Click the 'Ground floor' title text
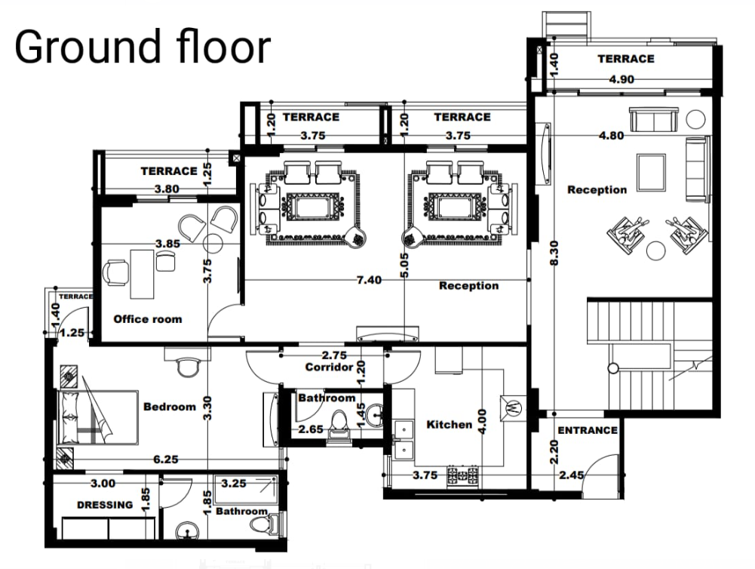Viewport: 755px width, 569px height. click(x=142, y=47)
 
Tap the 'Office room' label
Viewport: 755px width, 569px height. click(x=148, y=319)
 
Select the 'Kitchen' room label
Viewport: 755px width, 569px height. click(x=450, y=425)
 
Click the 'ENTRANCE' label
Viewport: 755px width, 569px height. click(x=588, y=430)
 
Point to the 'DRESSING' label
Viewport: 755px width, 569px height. click(x=105, y=505)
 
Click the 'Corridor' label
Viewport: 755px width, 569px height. click(x=329, y=368)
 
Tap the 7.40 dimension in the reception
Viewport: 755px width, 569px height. click(x=369, y=280)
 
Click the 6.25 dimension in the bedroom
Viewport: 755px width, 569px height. click(x=165, y=458)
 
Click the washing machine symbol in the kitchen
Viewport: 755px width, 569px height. click(x=515, y=406)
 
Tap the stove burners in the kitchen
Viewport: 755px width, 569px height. click(x=463, y=475)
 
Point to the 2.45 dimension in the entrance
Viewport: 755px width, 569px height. click(x=572, y=475)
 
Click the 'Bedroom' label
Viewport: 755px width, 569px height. click(x=170, y=407)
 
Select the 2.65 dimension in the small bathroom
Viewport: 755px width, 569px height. click(x=311, y=429)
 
